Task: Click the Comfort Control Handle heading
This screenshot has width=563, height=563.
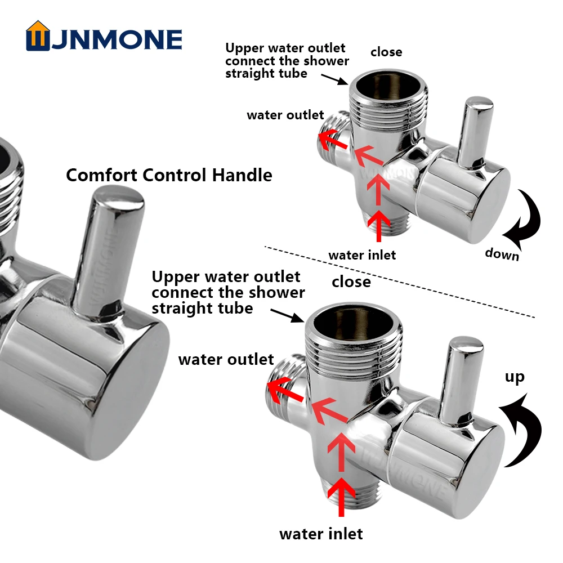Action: [169, 175]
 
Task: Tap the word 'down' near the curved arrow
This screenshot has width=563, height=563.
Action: [502, 254]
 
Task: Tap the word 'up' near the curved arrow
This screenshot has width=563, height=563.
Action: [514, 377]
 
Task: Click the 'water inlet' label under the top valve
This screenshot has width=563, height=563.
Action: [362, 255]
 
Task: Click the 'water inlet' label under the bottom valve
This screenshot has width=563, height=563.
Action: [321, 533]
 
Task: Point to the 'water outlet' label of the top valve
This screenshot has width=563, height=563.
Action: [285, 115]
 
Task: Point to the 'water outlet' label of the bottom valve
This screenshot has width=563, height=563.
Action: [226, 359]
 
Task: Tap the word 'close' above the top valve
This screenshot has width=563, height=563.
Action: [386, 52]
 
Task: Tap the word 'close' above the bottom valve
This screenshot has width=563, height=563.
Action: [351, 281]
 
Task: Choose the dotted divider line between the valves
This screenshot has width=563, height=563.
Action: [400, 281]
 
